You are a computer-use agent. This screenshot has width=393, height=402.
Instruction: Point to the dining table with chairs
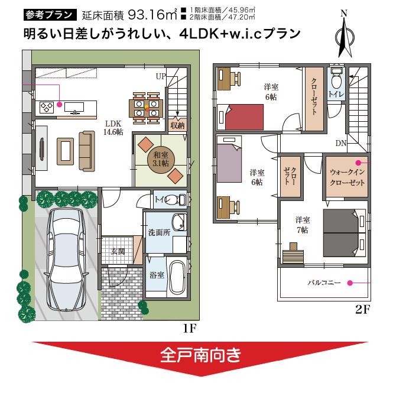tap(146, 106)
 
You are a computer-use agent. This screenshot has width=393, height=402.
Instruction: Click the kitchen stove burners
tap(47, 107)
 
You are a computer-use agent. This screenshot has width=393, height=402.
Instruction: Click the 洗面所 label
tap(159, 232)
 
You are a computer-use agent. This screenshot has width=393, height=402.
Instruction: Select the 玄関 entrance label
tap(118, 251)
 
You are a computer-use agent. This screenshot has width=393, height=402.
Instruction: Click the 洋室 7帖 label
tap(302, 225)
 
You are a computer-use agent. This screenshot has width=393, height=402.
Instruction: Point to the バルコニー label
tap(324, 283)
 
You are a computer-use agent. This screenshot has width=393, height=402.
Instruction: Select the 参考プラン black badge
tap(50, 14)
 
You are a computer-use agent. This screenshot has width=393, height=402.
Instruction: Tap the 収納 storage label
tap(177, 125)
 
